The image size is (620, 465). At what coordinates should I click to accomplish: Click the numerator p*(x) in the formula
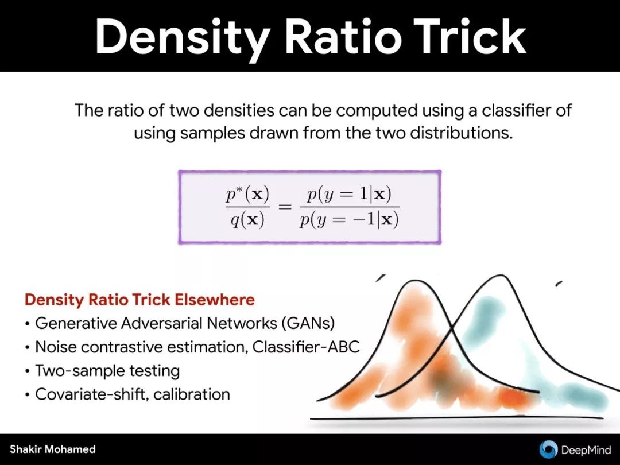point(247,194)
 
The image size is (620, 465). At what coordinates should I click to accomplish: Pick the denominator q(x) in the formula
point(247,220)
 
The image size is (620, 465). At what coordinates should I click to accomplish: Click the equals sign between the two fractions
point(285,207)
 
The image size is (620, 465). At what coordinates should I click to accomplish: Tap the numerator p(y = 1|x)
point(349,194)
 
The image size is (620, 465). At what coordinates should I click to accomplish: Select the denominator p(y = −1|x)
point(349,220)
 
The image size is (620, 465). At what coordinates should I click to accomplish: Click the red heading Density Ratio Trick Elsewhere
point(139,300)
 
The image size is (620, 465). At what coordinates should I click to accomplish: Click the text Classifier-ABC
point(305,347)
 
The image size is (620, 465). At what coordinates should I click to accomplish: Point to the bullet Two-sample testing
point(107,371)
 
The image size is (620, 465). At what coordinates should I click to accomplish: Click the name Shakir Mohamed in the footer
point(53,449)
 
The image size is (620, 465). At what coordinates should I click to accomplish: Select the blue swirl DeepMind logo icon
point(548,449)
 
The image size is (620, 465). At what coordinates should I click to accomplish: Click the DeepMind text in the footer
point(586,449)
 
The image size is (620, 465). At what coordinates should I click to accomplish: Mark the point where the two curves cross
point(452,328)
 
